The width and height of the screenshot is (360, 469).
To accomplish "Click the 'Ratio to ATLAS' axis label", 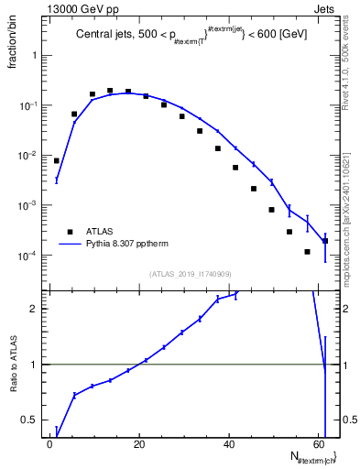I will coord(14,364).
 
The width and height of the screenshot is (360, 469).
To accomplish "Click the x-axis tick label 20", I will coord(139,442).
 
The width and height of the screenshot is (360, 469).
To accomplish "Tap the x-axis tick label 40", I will coord(229,442).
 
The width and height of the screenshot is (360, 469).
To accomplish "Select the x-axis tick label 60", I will coord(319,442).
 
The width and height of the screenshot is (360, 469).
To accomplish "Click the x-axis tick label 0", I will coord(49,442).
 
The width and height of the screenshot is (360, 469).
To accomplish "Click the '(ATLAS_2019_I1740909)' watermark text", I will coord(191,273).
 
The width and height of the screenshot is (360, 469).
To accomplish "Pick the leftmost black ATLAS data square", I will coord(57,160).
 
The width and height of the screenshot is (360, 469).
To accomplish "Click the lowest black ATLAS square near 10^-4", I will coord(307,251).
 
